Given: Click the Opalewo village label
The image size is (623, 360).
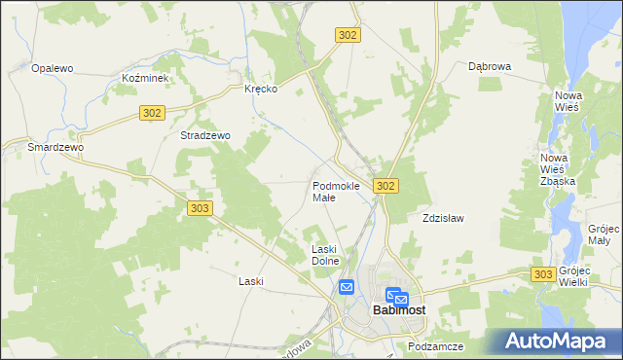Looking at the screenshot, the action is pos(54,68).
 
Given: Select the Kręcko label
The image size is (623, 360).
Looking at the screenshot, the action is pos(261,89).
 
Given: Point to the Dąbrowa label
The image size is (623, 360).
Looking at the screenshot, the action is pos(490,67).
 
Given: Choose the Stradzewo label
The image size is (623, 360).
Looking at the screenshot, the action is pos(204,136).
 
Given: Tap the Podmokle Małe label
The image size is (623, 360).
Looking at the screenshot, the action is pos(336,191).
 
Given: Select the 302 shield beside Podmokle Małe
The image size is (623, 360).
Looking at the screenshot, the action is pos(385,186).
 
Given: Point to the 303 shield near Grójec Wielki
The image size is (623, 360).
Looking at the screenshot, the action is pos(544,275).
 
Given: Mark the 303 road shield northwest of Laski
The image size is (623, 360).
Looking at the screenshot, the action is pos(200,208).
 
